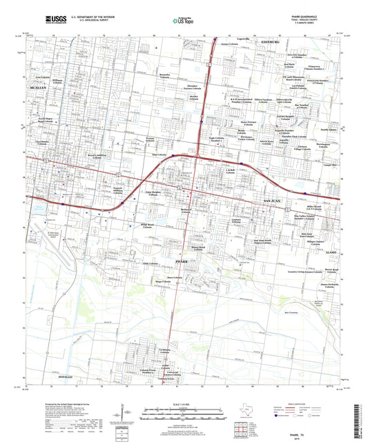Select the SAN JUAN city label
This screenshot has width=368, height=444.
coord(273,199)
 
